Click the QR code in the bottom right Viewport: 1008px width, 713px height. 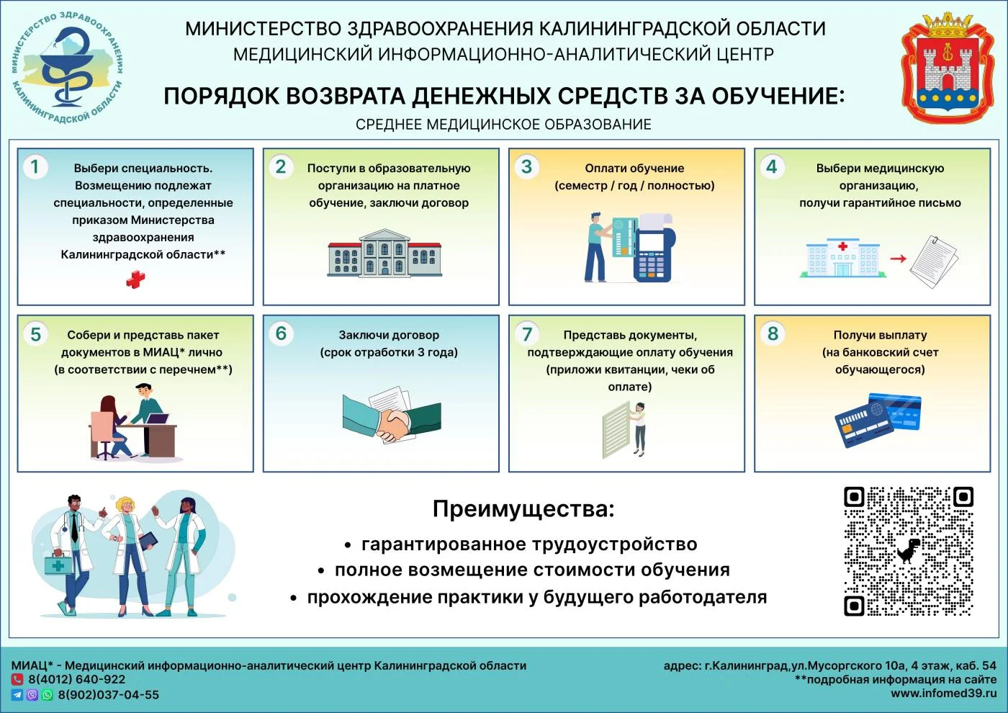pos(909,551)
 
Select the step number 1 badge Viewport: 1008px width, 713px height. pos(35,167)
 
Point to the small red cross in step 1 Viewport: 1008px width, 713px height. pos(135,279)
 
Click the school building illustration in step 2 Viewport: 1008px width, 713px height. pos(384,254)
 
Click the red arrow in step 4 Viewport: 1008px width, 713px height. pos(898,259)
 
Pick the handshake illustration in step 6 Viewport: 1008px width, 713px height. pos(391,418)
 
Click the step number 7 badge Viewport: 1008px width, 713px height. pos(527,334)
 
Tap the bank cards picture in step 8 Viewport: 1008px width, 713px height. pos(878,420)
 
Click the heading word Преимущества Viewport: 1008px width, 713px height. pos(523,509)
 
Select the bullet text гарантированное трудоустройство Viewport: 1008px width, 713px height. pos(529,544)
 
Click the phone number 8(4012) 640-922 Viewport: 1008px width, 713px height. pos(77,679)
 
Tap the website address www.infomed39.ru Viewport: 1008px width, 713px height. pos(943,694)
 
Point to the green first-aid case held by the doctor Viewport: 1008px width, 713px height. pos(58,564)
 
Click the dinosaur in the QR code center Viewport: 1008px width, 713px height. pos(909,550)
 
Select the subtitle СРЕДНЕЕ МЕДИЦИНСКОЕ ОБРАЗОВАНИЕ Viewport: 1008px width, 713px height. pos(503,125)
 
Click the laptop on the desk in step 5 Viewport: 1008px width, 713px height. pos(156,419)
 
